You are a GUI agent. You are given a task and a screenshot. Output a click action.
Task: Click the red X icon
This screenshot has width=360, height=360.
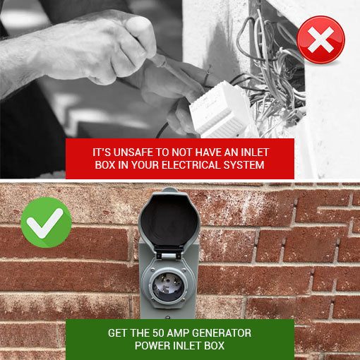pyautogui.click(x=321, y=40)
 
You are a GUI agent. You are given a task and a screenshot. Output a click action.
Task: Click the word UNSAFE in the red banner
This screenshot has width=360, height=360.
pyautogui.click(x=131, y=152)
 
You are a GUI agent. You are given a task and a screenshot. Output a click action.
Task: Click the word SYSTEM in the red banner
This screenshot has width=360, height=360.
pyautogui.click(x=246, y=165)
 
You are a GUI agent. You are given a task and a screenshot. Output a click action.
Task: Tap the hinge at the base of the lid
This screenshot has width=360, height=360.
pyautogui.click(x=170, y=254)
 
